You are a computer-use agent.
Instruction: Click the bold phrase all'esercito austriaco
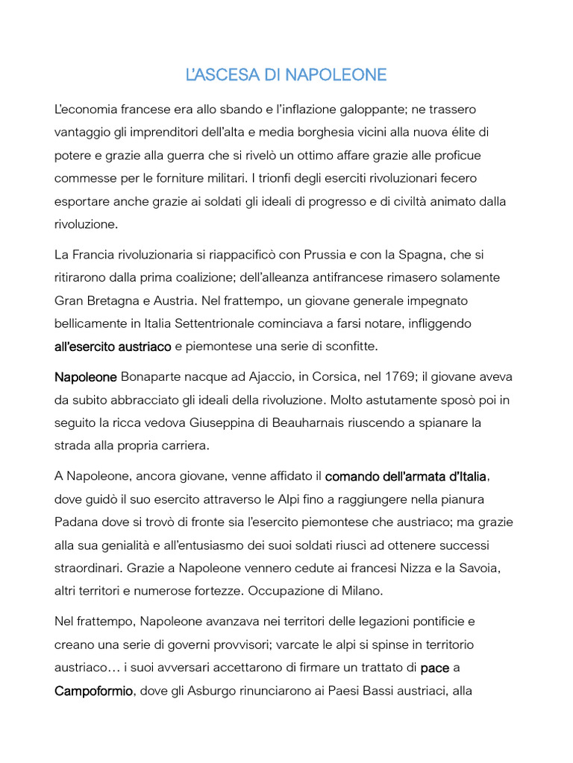113,346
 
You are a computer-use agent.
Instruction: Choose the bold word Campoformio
93,691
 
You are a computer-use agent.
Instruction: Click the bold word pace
435,668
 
